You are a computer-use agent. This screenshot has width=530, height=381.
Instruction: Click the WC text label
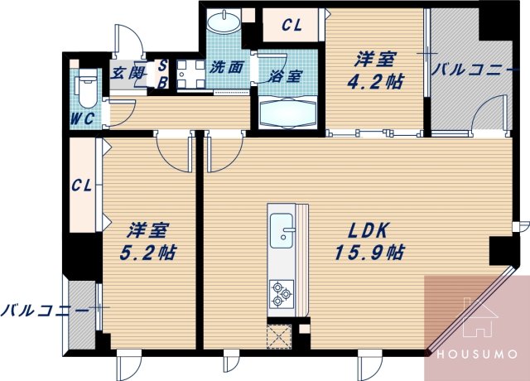coord(82,118)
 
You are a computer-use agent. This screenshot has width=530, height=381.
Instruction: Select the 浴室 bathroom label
coord(287,75)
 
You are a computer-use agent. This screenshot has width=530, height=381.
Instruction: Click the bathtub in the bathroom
coord(287,112)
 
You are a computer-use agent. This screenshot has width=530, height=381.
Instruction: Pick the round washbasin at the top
coord(223,22)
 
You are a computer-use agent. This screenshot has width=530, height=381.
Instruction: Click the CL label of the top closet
coord(291,26)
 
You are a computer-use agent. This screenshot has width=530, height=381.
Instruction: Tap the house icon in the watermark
coord(476,320)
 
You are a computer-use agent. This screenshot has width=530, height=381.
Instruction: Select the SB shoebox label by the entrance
coord(162,73)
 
